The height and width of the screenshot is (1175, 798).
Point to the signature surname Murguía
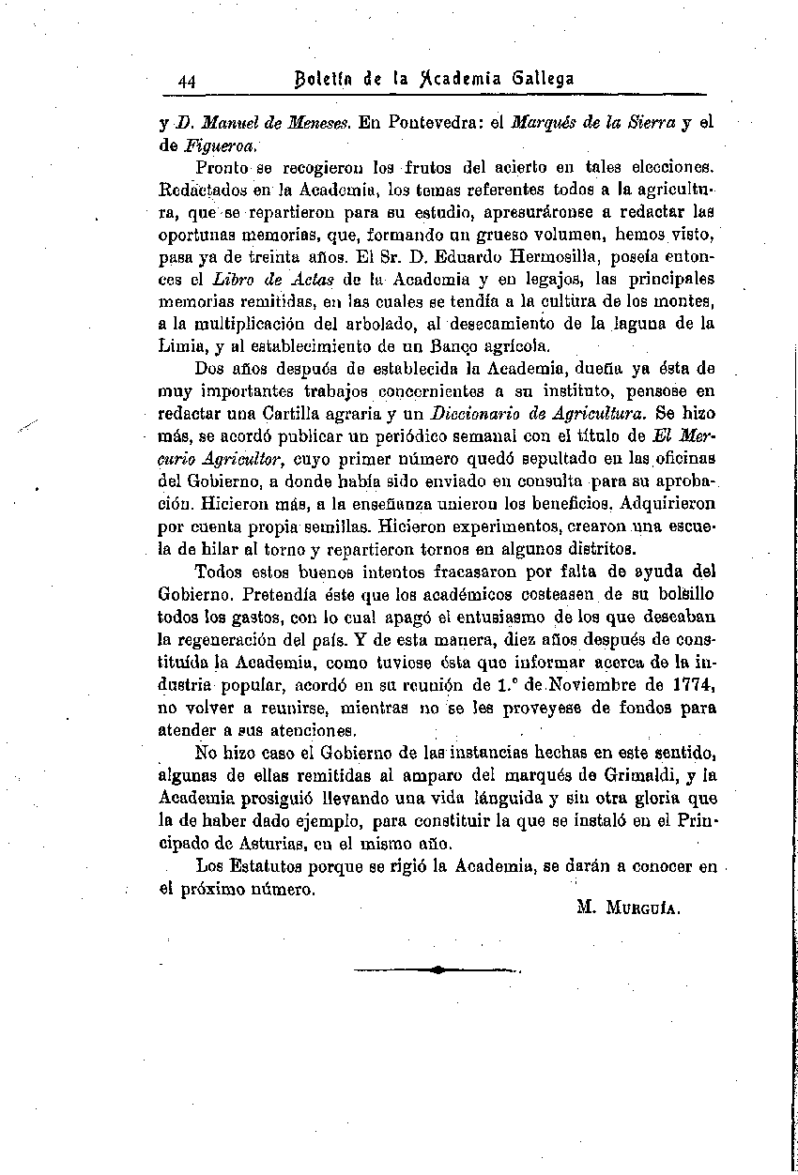[643, 908]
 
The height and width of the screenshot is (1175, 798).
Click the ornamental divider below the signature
[437, 970]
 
